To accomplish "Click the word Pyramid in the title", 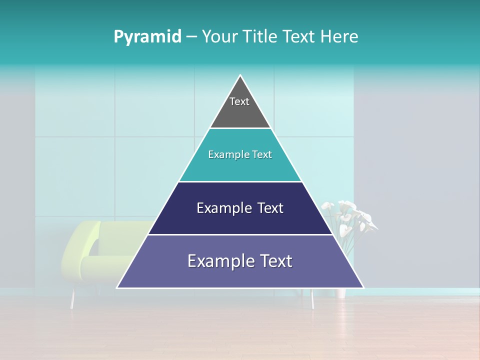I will tap(147, 36).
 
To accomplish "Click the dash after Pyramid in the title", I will tap(191, 37).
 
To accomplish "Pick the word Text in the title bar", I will tap(299, 36).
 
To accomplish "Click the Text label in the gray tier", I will tap(239, 101).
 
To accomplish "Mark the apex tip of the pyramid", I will tap(240, 76).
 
